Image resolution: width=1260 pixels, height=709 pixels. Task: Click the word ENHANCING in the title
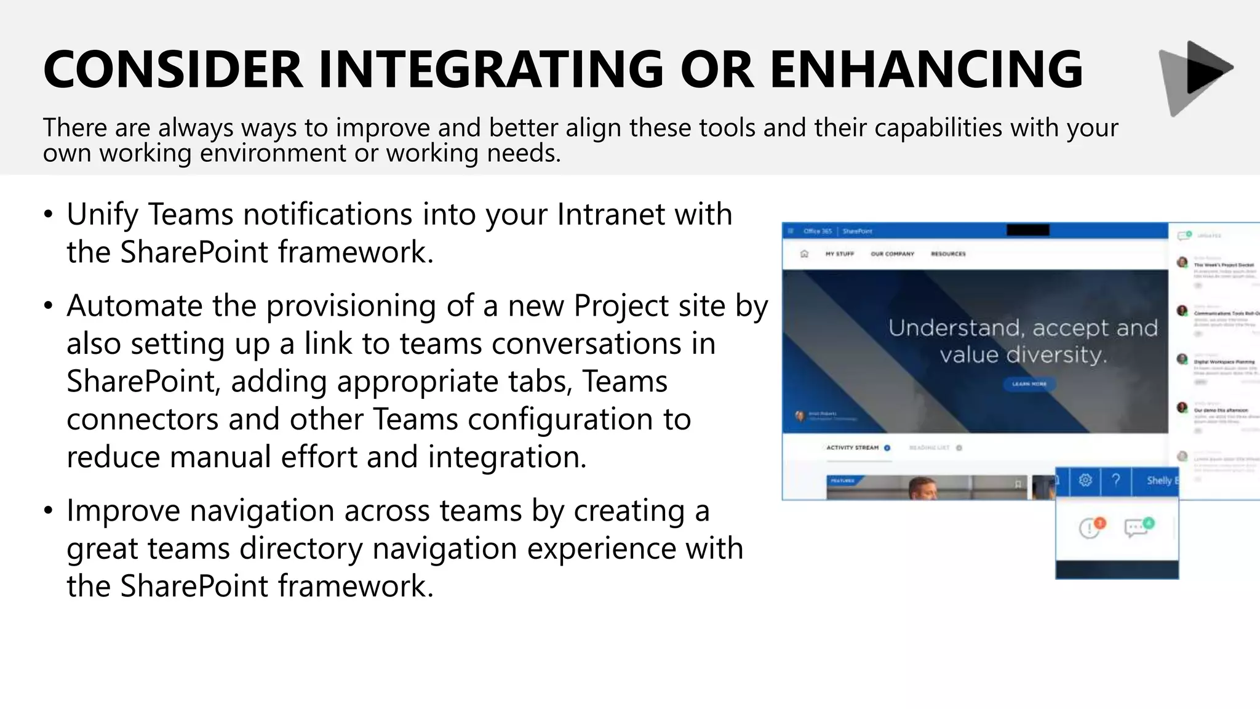pyautogui.click(x=925, y=69)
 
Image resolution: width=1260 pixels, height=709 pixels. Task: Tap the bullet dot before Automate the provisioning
pyautogui.click(x=49, y=306)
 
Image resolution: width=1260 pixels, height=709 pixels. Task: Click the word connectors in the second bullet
pyautogui.click(x=142, y=420)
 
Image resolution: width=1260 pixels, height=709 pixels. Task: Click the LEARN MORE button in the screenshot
pyautogui.click(x=1029, y=384)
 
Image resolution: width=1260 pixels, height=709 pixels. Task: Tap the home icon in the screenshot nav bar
pyautogui.click(x=804, y=254)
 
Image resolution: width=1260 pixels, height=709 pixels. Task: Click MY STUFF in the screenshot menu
pyautogui.click(x=840, y=254)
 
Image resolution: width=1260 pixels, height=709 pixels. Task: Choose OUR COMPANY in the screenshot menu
pyautogui.click(x=892, y=254)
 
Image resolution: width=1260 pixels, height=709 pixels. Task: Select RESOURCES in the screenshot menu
pyautogui.click(x=948, y=254)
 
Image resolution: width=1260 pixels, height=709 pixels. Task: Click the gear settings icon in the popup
pyautogui.click(x=1085, y=480)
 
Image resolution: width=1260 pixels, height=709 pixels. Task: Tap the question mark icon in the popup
pyautogui.click(x=1116, y=480)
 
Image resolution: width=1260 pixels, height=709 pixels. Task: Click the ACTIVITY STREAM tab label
pyautogui.click(x=852, y=448)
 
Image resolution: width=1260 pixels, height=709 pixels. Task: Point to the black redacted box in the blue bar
pyautogui.click(x=1027, y=231)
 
